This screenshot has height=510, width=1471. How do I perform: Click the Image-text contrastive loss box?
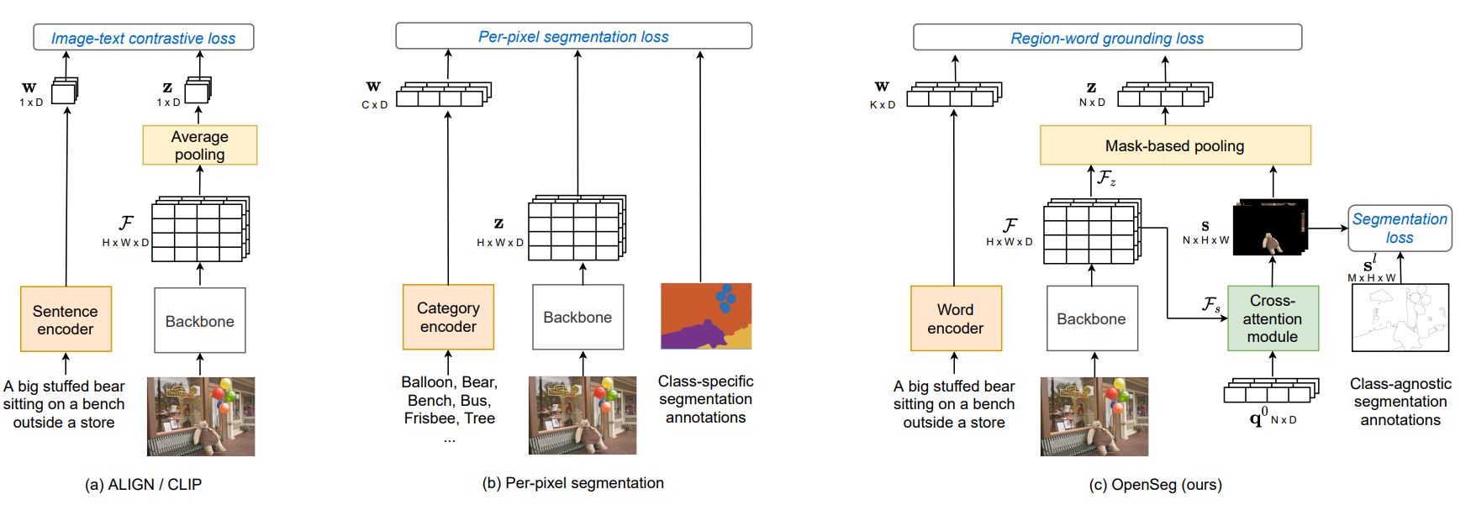pos(143,38)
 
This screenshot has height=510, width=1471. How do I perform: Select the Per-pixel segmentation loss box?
pos(573,36)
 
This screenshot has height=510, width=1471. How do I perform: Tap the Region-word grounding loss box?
pos(1107,38)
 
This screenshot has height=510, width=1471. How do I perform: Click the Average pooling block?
pos(199,145)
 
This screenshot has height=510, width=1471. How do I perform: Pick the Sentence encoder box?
pos(66,319)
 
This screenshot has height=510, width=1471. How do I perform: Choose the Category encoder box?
pos(448,317)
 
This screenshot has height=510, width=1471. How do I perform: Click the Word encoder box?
pos(956,318)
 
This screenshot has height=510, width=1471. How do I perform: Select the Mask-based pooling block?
pos(1174,145)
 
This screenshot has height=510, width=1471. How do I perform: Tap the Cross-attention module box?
pos(1272,318)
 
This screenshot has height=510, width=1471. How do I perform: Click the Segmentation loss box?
pos(1400,228)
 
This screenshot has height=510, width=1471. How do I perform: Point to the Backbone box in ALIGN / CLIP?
pos(200,321)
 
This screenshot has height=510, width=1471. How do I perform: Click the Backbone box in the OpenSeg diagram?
pos(1091,318)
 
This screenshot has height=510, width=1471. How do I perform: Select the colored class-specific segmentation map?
pos(705,316)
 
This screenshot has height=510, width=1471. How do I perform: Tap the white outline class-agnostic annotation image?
pos(1400,318)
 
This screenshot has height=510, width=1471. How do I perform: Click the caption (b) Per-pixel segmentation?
pos(572,483)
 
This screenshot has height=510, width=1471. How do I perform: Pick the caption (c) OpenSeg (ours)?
pos(1155,485)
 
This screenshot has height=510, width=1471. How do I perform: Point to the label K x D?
pos(882,105)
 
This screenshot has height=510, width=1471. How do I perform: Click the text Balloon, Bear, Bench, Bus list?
pos(449,401)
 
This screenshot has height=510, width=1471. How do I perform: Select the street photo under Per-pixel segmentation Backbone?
pos(582,415)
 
